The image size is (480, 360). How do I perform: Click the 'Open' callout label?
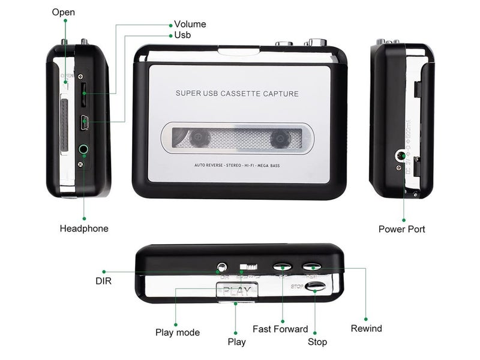point(64,12)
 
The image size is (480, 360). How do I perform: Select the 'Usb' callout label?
point(182,35)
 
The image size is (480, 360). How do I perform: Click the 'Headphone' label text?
point(84,229)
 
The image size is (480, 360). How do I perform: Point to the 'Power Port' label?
point(401,229)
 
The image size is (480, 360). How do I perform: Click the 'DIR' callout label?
point(103,280)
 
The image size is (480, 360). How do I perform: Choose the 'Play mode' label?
point(178,332)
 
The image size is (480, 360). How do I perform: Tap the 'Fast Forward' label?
point(280,329)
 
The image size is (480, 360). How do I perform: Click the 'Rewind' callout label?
point(366,328)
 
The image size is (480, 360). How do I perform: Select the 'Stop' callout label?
point(317,341)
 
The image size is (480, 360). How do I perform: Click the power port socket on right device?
point(399,157)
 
